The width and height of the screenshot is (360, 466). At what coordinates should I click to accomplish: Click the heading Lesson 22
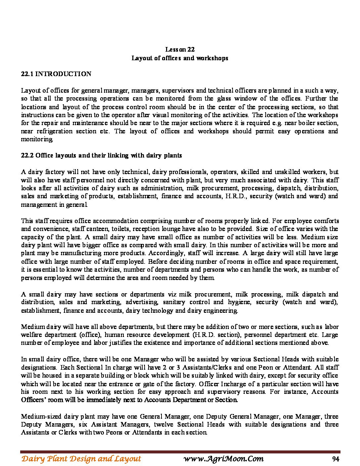(x=180, y=50)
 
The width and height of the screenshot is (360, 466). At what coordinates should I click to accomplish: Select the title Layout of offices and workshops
(x=180, y=58)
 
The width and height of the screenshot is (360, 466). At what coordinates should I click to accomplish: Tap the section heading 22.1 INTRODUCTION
(x=56, y=74)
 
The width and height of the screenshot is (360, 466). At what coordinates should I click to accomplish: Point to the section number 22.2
(x=27, y=156)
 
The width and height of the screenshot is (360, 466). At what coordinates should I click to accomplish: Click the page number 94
(x=336, y=459)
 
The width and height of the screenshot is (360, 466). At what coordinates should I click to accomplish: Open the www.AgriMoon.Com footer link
(x=223, y=459)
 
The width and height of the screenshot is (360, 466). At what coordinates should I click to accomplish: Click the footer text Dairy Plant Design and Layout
(x=81, y=459)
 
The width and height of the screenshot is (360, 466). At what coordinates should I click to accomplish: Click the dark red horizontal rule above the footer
(x=180, y=452)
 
